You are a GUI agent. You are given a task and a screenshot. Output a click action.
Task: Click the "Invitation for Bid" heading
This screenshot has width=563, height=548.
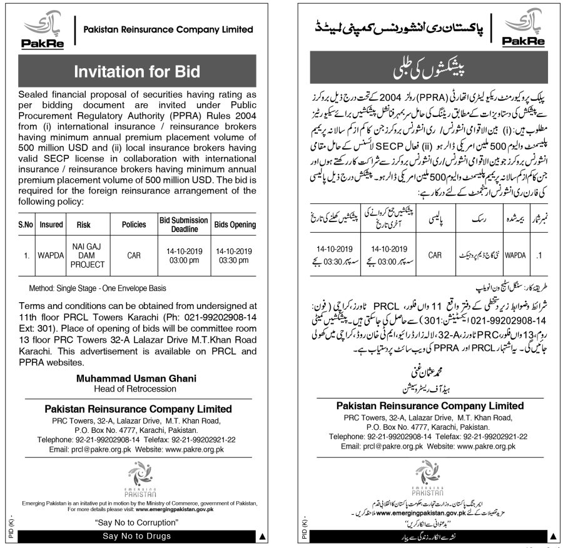137,71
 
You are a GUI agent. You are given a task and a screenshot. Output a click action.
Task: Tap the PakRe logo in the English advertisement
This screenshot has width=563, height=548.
42,31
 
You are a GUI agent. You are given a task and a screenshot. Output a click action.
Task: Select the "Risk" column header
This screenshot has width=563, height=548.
84,225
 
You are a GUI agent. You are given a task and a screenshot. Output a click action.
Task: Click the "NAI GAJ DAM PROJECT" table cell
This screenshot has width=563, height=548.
84,255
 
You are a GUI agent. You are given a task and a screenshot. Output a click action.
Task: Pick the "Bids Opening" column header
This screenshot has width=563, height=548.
235,225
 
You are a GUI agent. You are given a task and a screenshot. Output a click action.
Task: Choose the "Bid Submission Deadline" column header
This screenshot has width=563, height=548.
183,225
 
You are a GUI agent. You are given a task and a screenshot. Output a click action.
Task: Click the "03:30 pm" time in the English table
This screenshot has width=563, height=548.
235,260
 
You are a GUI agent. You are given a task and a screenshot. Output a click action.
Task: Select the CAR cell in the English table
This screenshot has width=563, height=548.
133,255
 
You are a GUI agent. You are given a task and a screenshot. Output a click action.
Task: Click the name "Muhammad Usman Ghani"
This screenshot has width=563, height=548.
136,378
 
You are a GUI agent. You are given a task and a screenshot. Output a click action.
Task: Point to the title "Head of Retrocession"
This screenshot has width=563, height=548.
136,388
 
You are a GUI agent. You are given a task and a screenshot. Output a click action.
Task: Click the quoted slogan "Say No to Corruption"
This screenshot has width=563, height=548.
136,522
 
